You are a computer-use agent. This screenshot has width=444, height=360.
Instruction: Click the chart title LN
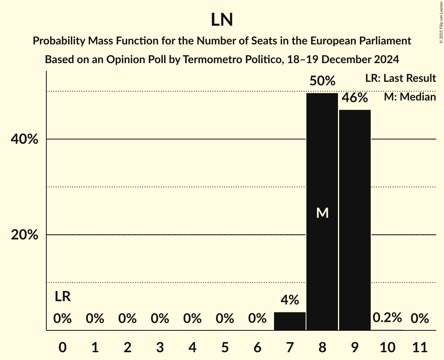[x=222, y=20]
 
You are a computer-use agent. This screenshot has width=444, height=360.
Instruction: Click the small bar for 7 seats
[x=290, y=321]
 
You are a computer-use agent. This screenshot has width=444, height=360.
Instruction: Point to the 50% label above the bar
[x=322, y=81]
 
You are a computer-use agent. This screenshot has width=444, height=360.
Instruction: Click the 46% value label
[x=355, y=97]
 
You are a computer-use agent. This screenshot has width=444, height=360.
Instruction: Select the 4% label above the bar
[x=290, y=300]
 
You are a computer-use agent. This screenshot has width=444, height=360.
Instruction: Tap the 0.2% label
[x=387, y=318]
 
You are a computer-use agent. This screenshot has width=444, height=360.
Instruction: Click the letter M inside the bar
[x=322, y=213]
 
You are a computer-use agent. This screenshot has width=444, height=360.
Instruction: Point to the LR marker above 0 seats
[x=62, y=297]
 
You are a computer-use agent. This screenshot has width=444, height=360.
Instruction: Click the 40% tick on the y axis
[x=24, y=139]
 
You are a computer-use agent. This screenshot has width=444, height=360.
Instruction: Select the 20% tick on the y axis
[x=24, y=235]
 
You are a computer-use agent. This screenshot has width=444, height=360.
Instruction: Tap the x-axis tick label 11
[x=420, y=346]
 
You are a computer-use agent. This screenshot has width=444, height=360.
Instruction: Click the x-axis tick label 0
[x=62, y=346]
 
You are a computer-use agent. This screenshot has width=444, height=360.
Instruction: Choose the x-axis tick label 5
[x=225, y=346]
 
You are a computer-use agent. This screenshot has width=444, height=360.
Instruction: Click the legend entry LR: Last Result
[x=400, y=78]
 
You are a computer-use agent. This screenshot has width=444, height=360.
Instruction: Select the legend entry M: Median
[x=410, y=97]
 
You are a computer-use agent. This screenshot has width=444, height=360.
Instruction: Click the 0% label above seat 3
[x=160, y=319]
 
